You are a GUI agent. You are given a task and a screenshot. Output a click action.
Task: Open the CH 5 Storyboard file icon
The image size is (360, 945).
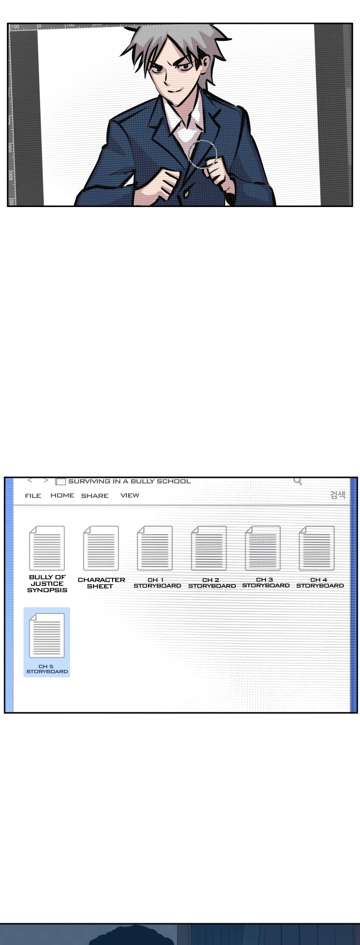click(x=47, y=635)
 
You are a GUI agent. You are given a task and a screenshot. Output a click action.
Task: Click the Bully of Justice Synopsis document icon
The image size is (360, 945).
click(x=47, y=548)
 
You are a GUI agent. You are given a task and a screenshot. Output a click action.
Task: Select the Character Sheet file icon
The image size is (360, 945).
click(x=101, y=548)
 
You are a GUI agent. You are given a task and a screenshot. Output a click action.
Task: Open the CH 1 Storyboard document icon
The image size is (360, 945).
click(x=155, y=548)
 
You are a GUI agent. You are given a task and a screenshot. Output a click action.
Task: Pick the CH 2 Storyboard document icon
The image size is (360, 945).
click(x=209, y=548)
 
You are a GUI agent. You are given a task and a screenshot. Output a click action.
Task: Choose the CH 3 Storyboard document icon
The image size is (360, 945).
click(x=263, y=548)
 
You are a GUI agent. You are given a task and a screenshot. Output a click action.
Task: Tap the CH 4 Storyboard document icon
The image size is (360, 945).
click(x=317, y=548)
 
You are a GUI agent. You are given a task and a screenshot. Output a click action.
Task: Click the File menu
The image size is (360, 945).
click(x=33, y=495)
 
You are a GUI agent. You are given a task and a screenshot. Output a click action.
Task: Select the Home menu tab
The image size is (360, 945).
click(x=62, y=495)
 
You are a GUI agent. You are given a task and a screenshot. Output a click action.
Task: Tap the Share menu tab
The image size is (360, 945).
click(x=94, y=495)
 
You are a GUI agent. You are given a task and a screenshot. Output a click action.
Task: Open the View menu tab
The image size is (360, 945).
click(x=130, y=495)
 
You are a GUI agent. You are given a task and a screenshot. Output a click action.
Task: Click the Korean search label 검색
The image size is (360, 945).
click(x=337, y=495)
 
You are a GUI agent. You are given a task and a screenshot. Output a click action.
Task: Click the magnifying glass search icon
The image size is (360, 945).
click(x=297, y=481)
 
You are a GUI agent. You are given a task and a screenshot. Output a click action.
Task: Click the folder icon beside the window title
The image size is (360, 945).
click(x=60, y=481)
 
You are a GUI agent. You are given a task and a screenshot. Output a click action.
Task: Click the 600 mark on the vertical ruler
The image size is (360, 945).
click(x=11, y=175)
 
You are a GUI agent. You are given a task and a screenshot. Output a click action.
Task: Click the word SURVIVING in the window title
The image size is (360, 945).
click(x=89, y=481)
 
